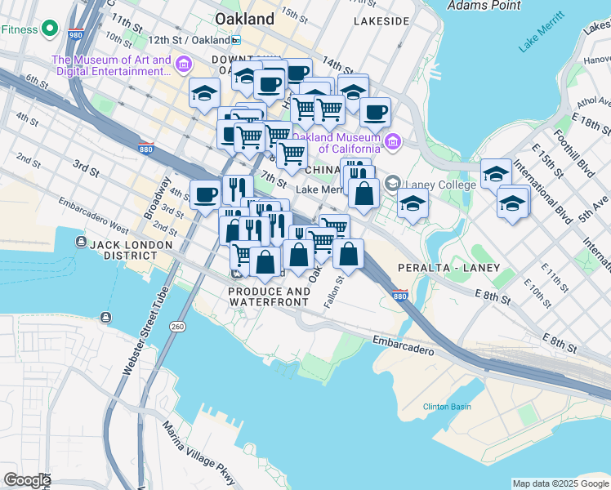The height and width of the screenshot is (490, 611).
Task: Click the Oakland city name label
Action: (244, 18)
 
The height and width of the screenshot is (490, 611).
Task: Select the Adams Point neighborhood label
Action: (484, 6)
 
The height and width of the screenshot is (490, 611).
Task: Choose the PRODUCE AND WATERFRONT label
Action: (269, 297)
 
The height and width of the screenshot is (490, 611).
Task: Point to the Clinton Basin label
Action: (446, 407)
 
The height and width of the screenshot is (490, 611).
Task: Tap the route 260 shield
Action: (177, 327)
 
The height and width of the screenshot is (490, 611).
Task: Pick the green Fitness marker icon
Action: (50, 29)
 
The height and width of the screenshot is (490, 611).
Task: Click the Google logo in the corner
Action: (27, 480)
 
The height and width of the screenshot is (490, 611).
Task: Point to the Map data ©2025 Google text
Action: (560, 483)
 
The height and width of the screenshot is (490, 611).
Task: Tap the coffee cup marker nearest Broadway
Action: (205, 194)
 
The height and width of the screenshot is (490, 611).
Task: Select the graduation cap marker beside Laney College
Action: (413, 203)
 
